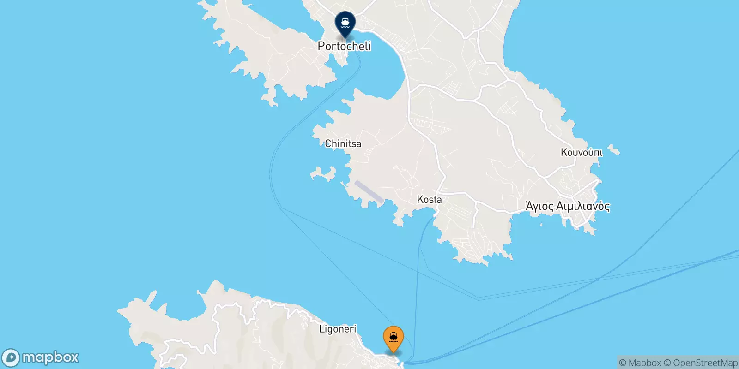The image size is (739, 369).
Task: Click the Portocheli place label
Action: (x=345, y=46)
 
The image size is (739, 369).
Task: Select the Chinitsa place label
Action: (x=343, y=144)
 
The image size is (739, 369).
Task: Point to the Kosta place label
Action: (x=429, y=200)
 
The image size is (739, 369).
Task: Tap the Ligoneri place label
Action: (x=338, y=329)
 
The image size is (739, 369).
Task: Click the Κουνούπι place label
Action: (x=582, y=152)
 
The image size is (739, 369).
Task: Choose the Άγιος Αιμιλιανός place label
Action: (x=568, y=206)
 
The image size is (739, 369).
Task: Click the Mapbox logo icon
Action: (x=11, y=358)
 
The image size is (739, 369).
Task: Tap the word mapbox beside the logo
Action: (x=50, y=357)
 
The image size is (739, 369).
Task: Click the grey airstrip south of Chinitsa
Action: (x=369, y=191)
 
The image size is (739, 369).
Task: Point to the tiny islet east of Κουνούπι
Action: (x=613, y=150)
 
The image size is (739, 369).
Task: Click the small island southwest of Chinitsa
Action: (x=323, y=174)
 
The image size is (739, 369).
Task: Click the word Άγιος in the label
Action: (x=539, y=206)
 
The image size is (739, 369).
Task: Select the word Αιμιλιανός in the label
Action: (x=582, y=206)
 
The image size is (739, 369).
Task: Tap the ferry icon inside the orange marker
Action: (x=394, y=337)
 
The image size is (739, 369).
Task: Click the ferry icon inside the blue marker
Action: (x=345, y=21)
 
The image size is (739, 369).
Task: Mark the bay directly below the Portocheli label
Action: (x=376, y=69)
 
